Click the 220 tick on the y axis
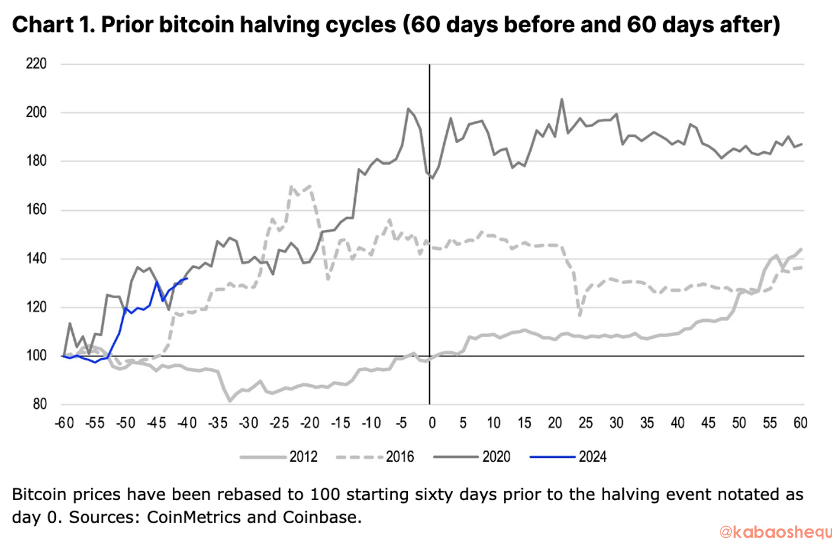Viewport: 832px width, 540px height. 36,64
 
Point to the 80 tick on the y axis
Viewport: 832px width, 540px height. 39,404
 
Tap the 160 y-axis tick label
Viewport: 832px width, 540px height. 36,210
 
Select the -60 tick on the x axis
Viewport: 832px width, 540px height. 64,423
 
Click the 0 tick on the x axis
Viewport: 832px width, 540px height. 432,423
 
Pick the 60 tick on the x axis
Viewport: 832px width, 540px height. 800,423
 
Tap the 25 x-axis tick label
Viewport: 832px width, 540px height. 585,423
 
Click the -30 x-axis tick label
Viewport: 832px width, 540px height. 248,423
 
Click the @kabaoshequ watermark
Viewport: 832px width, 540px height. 775,531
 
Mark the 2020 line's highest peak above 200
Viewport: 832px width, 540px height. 562,99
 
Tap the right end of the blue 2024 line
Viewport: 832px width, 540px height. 187,279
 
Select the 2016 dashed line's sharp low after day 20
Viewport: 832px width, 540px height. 580,315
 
